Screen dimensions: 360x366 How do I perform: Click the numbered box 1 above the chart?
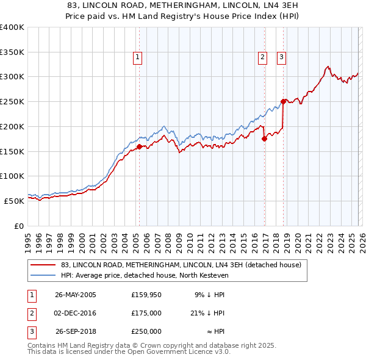pos(137,58)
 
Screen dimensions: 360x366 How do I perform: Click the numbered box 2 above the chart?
pos(262,58)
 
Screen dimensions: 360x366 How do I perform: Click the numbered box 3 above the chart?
pos(282,58)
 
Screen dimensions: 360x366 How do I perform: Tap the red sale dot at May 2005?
pos(139,146)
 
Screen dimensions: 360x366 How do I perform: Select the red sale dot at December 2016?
pos(264,139)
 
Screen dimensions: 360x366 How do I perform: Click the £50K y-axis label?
pos(13,201)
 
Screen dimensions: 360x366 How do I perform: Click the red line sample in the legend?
pos(43,265)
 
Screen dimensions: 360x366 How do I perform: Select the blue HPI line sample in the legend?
pos(43,276)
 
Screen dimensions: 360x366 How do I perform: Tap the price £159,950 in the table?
pos(146,295)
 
